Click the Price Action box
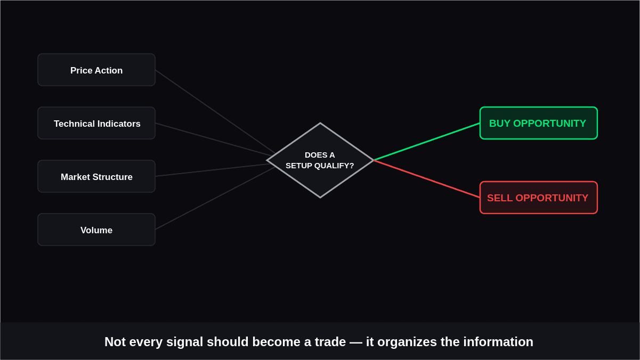96,70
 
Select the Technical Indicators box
96,123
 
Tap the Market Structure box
96,176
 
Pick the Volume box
96,230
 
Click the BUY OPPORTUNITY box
539,123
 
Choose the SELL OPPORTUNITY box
539,198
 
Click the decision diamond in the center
320,160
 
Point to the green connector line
426,142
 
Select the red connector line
426,179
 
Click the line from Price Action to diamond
215,112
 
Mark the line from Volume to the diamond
215,199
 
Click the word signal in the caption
184,342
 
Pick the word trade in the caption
330,342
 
